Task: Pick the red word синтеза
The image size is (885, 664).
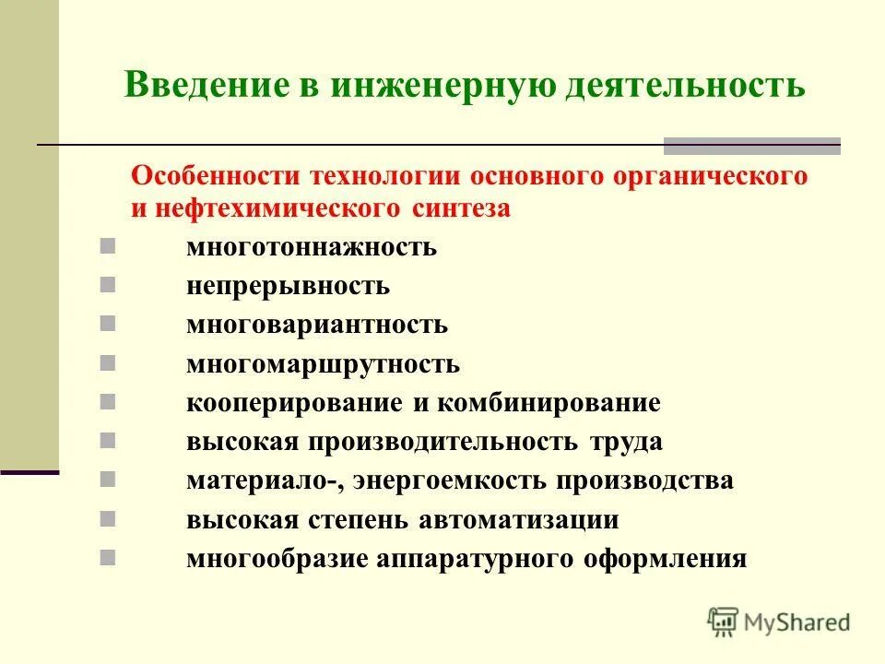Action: pyautogui.click(x=460, y=208)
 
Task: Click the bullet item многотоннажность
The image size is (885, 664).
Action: pyautogui.click(x=312, y=248)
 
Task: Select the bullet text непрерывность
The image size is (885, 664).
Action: pyautogui.click(x=288, y=286)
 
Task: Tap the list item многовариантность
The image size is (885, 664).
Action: pyautogui.click(x=317, y=325)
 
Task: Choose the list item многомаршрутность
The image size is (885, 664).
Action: pyautogui.click(x=323, y=363)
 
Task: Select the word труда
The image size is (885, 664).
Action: pyautogui.click(x=627, y=442)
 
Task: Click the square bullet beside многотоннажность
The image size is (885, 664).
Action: pyautogui.click(x=107, y=246)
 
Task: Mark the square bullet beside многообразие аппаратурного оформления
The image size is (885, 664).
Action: pyautogui.click(x=107, y=557)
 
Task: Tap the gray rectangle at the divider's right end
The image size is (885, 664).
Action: pyautogui.click(x=752, y=146)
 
